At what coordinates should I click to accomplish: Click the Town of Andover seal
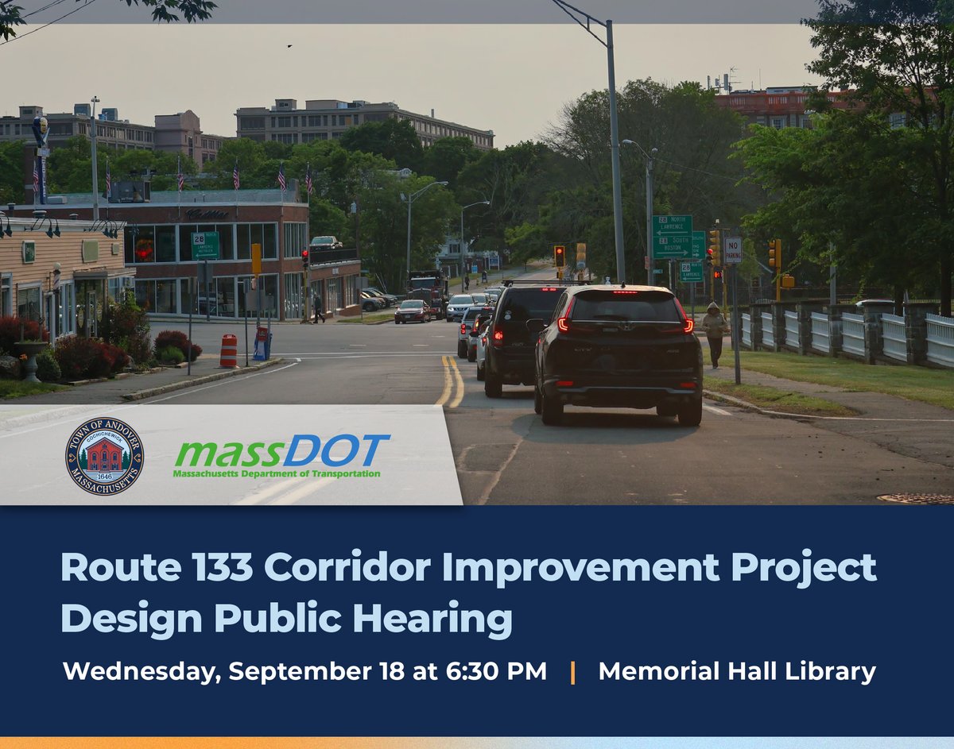[104, 456]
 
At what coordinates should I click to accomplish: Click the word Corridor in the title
[411, 568]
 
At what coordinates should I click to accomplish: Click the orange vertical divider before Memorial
[572, 672]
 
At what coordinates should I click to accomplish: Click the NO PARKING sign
[732, 249]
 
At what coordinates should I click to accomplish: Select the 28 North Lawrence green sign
[672, 225]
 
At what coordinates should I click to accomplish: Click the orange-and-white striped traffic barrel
[228, 350]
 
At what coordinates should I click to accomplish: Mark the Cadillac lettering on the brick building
[206, 214]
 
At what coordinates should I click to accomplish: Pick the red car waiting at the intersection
[412, 311]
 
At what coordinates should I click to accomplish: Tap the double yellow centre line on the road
[451, 381]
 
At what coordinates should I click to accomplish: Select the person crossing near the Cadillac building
[318, 308]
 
